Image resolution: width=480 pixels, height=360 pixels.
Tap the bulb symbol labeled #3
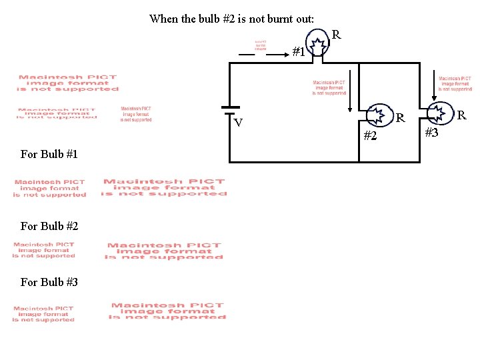click(x=439, y=113)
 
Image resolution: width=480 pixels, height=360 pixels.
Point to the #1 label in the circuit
click(x=299, y=51)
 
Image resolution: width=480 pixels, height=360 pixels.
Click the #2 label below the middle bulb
click(x=370, y=137)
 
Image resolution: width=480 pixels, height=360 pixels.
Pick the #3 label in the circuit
click(x=431, y=133)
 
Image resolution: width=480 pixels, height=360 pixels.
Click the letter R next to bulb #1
click(x=337, y=34)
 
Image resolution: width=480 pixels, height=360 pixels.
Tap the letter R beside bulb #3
click(x=461, y=116)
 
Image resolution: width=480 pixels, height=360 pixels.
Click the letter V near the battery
click(x=238, y=123)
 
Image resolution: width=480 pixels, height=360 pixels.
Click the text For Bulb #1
click(x=49, y=155)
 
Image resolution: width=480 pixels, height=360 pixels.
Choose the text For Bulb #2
click(x=49, y=227)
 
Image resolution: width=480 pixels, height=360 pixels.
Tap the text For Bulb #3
click(x=49, y=283)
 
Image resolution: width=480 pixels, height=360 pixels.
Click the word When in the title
click(x=164, y=19)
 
